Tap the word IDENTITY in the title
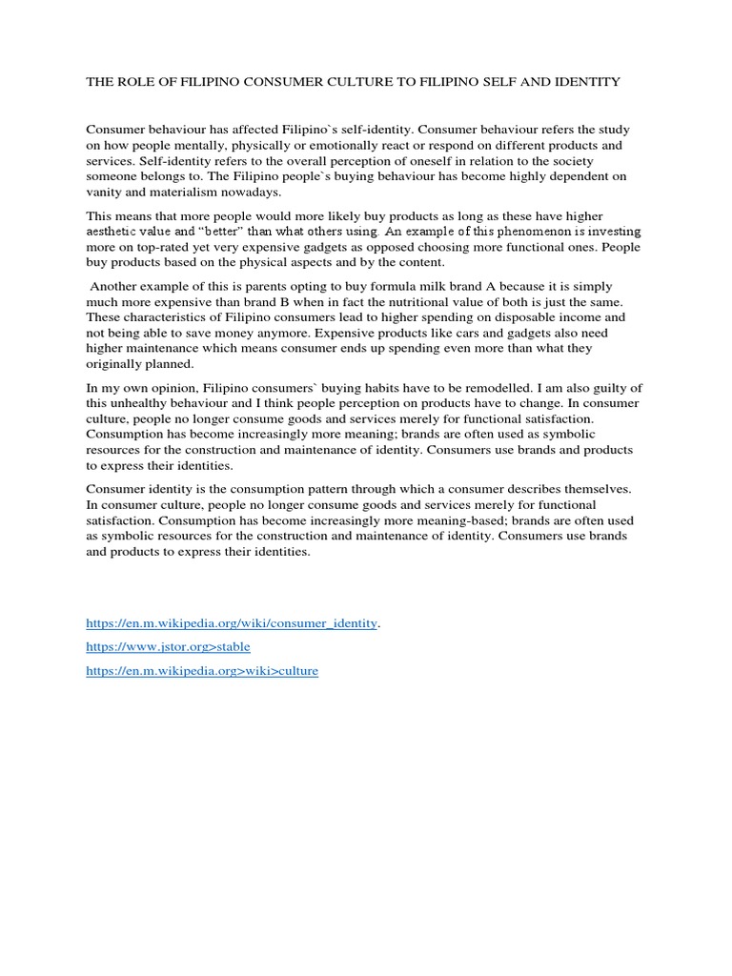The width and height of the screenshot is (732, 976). tap(587, 82)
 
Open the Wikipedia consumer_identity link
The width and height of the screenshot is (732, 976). tap(232, 622)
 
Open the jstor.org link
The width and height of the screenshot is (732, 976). tap(168, 646)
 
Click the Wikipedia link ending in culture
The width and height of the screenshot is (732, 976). tap(202, 671)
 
